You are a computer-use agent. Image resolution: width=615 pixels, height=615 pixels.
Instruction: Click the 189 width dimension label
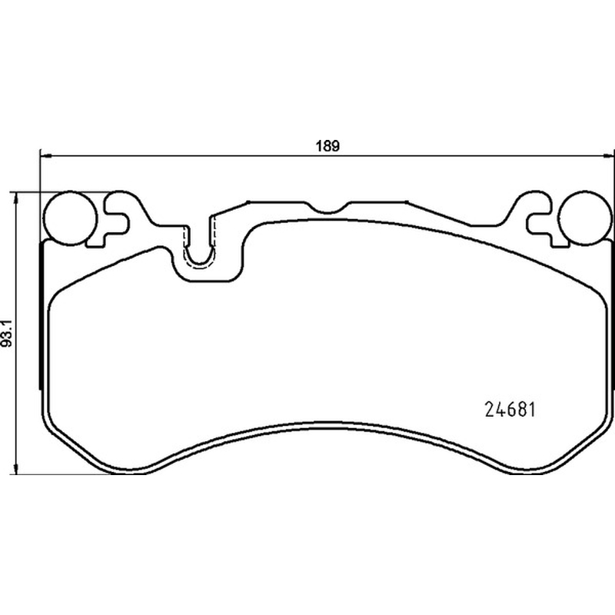327,146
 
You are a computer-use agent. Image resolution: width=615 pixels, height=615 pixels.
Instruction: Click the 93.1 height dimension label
8,333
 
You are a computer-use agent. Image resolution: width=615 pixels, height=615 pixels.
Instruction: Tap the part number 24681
510,410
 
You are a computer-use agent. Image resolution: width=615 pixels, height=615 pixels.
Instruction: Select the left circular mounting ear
71,218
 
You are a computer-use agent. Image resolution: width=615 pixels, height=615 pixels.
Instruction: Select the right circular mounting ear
585,218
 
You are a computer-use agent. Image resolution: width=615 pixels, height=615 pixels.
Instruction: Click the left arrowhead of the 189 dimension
46,156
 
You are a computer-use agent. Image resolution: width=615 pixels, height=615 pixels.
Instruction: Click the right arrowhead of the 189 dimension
607,156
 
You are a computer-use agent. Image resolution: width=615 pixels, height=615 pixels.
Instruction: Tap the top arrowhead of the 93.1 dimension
15,198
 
